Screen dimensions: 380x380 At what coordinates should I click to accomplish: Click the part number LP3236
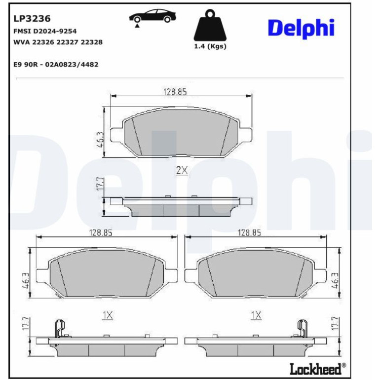tap(32, 19)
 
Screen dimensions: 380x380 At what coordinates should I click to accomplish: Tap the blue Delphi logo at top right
tap(301, 29)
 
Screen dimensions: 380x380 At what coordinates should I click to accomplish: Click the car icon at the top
tap(152, 17)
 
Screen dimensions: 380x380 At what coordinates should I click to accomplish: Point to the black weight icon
tap(210, 25)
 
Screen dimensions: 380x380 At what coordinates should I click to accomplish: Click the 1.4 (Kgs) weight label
tap(210, 46)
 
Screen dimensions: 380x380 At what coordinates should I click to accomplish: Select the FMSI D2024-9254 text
tap(45, 31)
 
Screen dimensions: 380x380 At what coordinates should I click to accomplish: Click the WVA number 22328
tap(91, 42)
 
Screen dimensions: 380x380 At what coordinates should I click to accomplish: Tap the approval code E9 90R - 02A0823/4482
tap(56, 65)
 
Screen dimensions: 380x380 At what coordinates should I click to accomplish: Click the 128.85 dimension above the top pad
tap(175, 92)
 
